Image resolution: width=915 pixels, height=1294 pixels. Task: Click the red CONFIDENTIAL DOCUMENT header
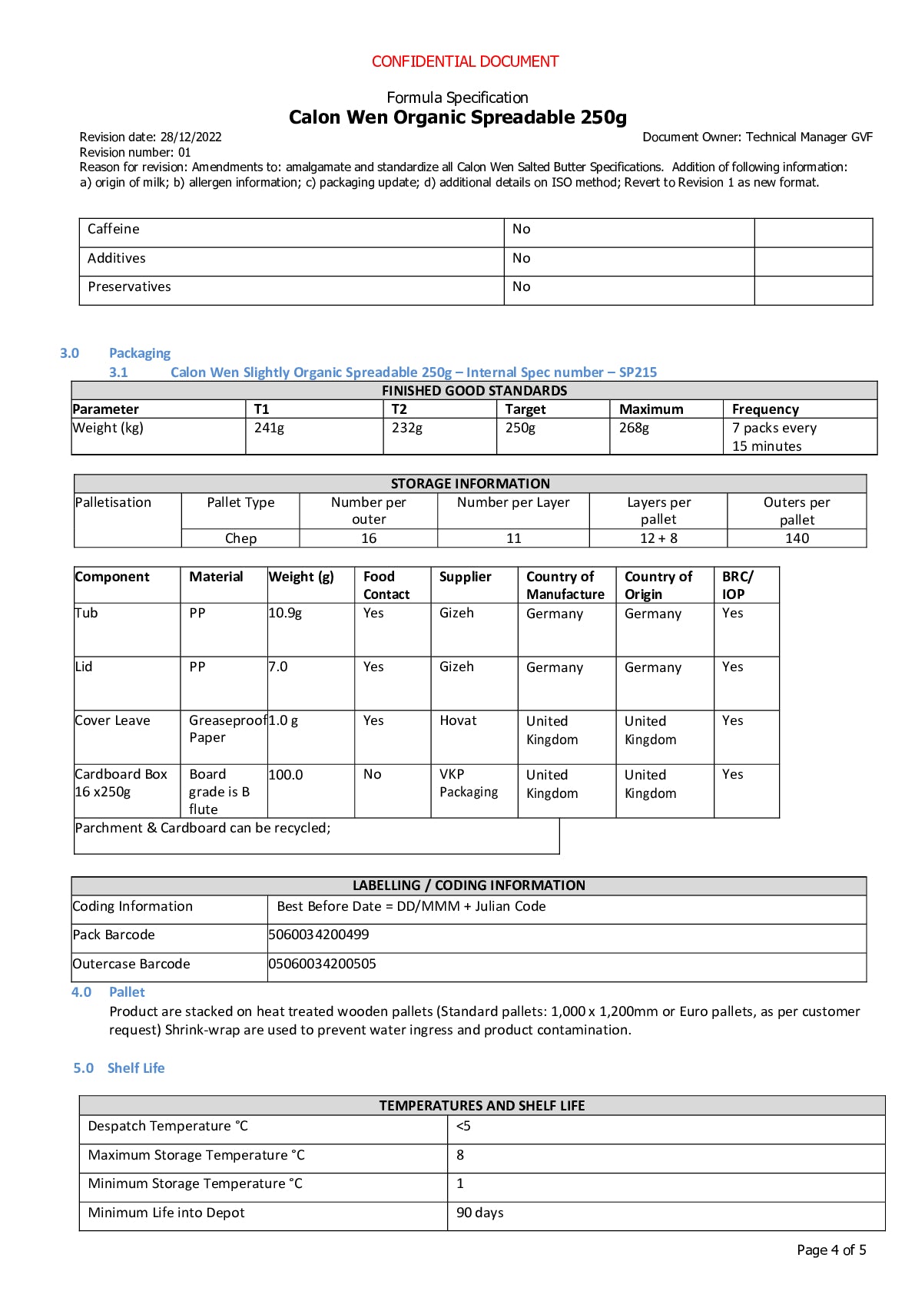465,61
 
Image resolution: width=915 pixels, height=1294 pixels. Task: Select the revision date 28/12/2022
191,137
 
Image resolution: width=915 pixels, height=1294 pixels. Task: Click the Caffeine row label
114,229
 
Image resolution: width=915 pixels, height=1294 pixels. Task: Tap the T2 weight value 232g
407,428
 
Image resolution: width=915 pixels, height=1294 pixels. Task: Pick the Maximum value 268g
634,428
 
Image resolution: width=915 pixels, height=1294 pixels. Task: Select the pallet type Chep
240,538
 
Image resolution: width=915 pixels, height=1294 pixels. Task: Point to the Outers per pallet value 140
797,538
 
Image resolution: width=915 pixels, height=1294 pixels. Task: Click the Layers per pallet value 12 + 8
658,538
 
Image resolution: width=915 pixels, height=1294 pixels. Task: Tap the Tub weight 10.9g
285,613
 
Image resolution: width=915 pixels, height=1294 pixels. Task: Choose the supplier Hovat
458,720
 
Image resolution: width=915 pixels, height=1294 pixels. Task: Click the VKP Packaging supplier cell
468,783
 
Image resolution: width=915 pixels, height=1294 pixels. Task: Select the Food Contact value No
372,774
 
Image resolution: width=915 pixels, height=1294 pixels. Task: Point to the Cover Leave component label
112,720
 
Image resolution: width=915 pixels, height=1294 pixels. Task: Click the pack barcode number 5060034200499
319,935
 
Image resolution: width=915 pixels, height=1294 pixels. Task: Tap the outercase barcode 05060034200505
323,964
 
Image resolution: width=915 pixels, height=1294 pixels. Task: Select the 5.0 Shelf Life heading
119,1068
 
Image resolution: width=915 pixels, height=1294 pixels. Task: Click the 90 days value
479,1213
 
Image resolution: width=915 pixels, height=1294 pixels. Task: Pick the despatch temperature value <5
463,1126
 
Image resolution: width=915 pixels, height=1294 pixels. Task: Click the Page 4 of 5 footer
831,1250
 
